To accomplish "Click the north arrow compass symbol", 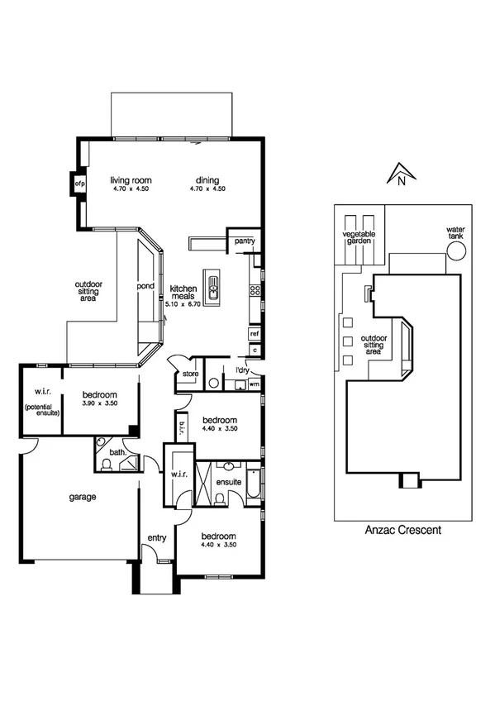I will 399,174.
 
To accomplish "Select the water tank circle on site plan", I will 455,250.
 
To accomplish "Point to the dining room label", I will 207,180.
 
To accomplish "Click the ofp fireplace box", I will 81,183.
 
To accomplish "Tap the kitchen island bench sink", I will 213,289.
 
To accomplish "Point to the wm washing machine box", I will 254,384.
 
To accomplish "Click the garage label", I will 83,497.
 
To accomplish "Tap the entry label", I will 156,538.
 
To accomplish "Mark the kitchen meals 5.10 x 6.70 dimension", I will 183,305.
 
